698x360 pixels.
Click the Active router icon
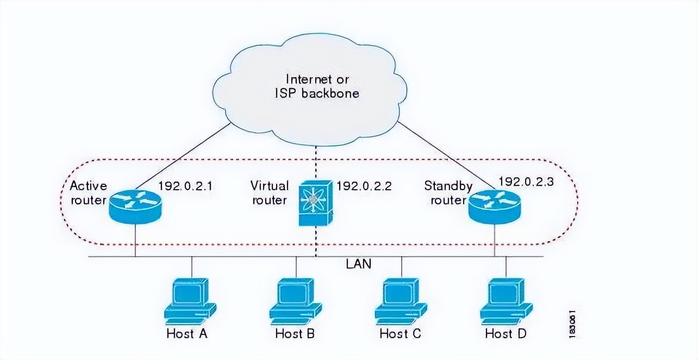(135, 207)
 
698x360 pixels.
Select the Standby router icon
(494, 207)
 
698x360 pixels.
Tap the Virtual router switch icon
(315, 203)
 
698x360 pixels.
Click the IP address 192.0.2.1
(185, 185)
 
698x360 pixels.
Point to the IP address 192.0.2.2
(364, 185)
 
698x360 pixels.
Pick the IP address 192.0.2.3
(526, 182)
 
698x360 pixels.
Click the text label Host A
(187, 333)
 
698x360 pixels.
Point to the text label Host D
(506, 333)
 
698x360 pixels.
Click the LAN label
(358, 264)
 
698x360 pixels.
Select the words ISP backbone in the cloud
(317, 93)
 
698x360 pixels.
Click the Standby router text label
(448, 193)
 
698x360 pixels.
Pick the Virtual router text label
(269, 193)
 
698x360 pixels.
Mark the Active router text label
(88, 193)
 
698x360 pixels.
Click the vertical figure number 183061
(572, 324)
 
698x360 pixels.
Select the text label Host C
(400, 333)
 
